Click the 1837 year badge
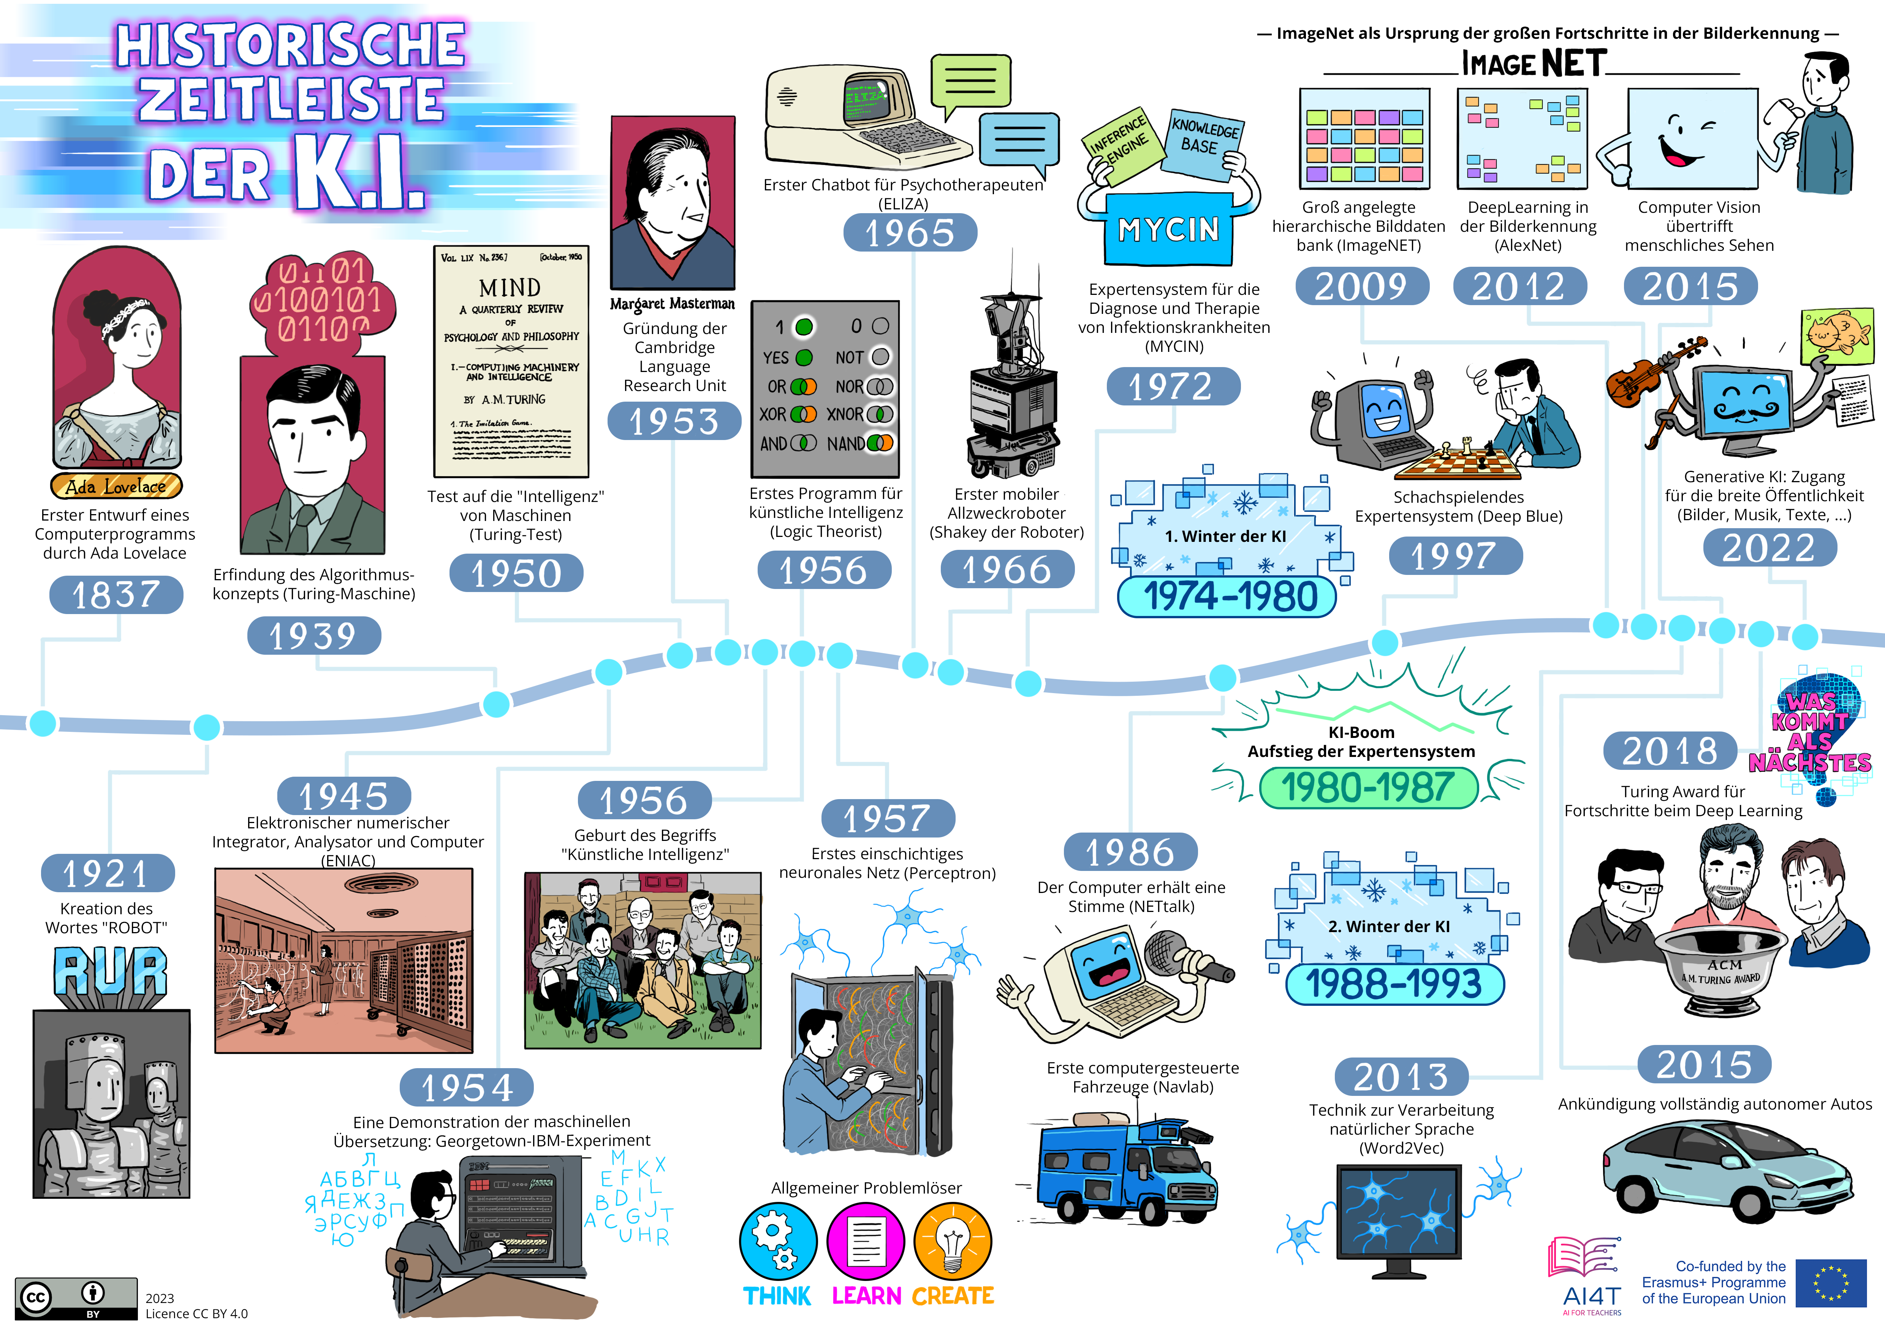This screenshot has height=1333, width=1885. (116, 594)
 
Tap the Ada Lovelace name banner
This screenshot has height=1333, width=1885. (116, 486)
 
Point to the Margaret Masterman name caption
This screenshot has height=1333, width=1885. (673, 304)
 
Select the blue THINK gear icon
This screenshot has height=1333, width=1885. (777, 1241)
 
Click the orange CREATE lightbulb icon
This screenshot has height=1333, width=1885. (952, 1241)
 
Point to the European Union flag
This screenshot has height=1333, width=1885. (1831, 1283)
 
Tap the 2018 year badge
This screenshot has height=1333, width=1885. (1670, 750)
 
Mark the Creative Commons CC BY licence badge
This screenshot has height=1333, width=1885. (76, 1298)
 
